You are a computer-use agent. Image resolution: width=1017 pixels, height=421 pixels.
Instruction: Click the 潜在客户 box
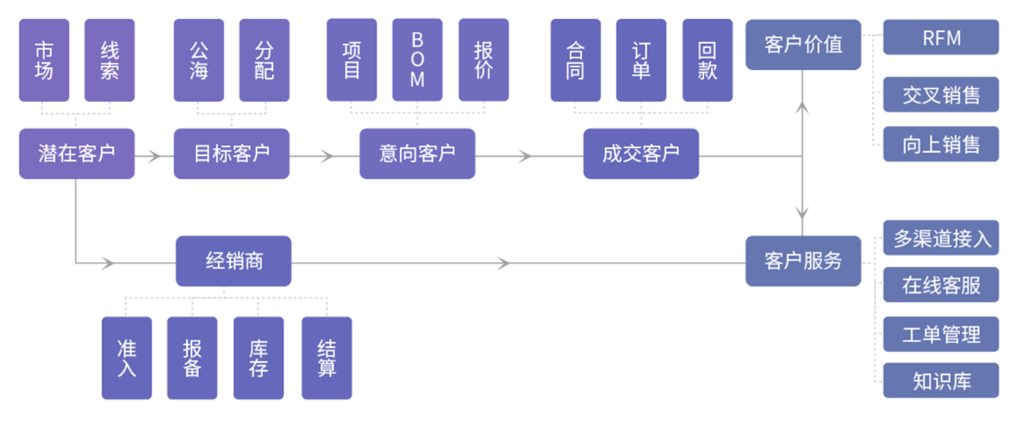click(76, 154)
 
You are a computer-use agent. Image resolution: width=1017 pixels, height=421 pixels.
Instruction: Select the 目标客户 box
click(232, 154)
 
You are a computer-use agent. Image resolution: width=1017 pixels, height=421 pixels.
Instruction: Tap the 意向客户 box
click(417, 154)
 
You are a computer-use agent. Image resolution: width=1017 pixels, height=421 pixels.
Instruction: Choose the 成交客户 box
click(641, 154)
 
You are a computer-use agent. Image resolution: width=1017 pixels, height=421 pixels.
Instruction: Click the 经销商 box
click(233, 261)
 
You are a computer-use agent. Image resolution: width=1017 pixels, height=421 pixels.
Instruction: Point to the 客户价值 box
click(803, 45)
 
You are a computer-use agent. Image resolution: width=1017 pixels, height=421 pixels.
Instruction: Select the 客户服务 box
click(803, 261)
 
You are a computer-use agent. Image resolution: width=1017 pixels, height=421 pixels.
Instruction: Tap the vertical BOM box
click(417, 60)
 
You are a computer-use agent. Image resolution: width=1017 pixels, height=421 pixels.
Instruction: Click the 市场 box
click(44, 60)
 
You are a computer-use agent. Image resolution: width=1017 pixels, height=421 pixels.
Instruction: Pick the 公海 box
click(199, 60)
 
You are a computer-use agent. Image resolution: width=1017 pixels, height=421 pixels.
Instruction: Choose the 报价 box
click(483, 60)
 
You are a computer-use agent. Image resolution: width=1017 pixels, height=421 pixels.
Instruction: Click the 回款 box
click(707, 60)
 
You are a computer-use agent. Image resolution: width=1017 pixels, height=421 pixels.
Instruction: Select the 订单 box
click(641, 60)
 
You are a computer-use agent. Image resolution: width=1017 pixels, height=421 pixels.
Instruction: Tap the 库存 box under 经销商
click(258, 358)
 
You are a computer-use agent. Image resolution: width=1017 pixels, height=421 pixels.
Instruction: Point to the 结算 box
click(326, 358)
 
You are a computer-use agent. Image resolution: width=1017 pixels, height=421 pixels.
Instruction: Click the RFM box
click(941, 37)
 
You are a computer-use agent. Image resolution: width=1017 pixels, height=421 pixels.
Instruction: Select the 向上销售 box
click(941, 144)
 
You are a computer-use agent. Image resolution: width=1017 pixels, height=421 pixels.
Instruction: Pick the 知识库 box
click(941, 380)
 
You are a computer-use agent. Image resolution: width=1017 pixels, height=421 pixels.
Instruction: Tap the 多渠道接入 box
click(941, 238)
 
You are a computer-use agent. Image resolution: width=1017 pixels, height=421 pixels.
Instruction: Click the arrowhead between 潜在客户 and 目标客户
click(156, 155)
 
